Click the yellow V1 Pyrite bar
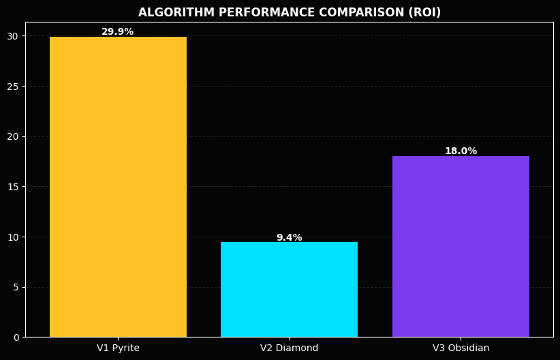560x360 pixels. click(x=118, y=187)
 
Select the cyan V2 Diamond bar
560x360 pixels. click(x=289, y=289)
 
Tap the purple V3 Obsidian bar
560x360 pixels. click(x=461, y=246)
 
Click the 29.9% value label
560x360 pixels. click(x=118, y=32)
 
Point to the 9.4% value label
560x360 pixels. click(x=289, y=238)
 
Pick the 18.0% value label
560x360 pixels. click(x=461, y=151)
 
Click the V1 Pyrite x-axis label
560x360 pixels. click(x=118, y=348)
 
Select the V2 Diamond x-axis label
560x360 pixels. click(x=289, y=348)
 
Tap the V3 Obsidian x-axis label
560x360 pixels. click(x=461, y=348)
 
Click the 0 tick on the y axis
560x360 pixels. click(x=16, y=337)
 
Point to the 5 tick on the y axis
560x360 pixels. click(x=16, y=287)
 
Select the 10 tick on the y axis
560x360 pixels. click(x=14, y=237)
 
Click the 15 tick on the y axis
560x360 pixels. click(x=14, y=187)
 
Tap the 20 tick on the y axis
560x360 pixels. click(x=14, y=136)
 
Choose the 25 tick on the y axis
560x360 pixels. click(x=14, y=87)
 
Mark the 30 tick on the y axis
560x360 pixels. click(x=14, y=36)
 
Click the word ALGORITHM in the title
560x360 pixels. click(x=170, y=13)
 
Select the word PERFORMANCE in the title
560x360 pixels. click(x=249, y=13)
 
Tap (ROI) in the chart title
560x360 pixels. click(x=424, y=13)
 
